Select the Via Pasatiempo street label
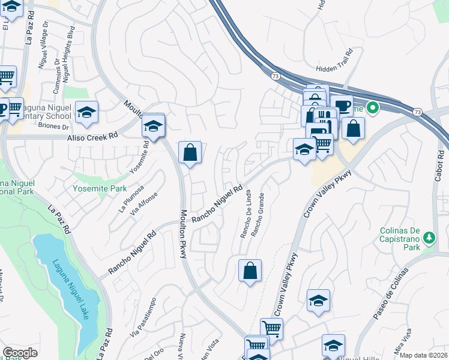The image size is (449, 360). tap(142, 323)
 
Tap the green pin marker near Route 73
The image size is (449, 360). tap(372, 109)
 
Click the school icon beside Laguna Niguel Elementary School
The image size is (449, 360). tap(87, 112)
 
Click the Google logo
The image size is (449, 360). tap(20, 353)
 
